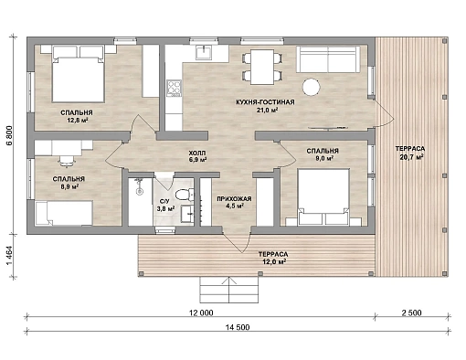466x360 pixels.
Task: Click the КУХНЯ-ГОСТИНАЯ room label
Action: tap(265, 102)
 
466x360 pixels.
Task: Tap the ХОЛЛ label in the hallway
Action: tap(197, 153)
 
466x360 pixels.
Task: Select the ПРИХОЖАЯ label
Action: tap(234, 199)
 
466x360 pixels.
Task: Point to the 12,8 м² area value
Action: tap(78, 120)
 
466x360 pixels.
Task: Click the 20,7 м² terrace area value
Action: tap(410, 157)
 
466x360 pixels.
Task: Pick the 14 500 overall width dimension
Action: tap(238, 327)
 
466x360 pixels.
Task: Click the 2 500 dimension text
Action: tap(411, 312)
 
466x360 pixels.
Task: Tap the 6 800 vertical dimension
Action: tap(9, 135)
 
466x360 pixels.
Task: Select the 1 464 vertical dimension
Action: tap(9, 256)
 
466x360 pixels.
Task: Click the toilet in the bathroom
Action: tap(185, 195)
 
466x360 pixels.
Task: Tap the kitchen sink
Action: tap(204, 52)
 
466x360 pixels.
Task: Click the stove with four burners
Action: tap(174, 89)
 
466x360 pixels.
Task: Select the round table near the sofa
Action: tap(311, 87)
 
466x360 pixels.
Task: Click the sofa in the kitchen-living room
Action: tap(328, 59)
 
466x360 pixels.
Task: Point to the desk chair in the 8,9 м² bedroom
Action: tap(67, 161)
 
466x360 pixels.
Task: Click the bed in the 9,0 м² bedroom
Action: tap(323, 196)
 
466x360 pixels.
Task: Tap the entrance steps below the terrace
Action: tap(229, 290)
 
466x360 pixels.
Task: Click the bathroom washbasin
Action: tap(186, 214)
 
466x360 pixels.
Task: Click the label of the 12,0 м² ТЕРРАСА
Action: tap(273, 254)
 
